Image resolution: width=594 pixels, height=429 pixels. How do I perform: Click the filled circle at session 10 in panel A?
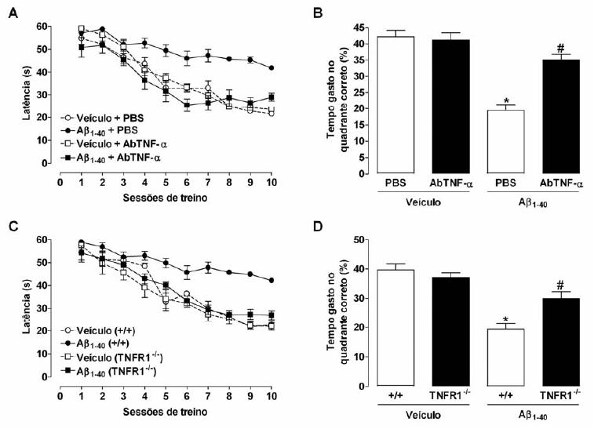click(x=271, y=67)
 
